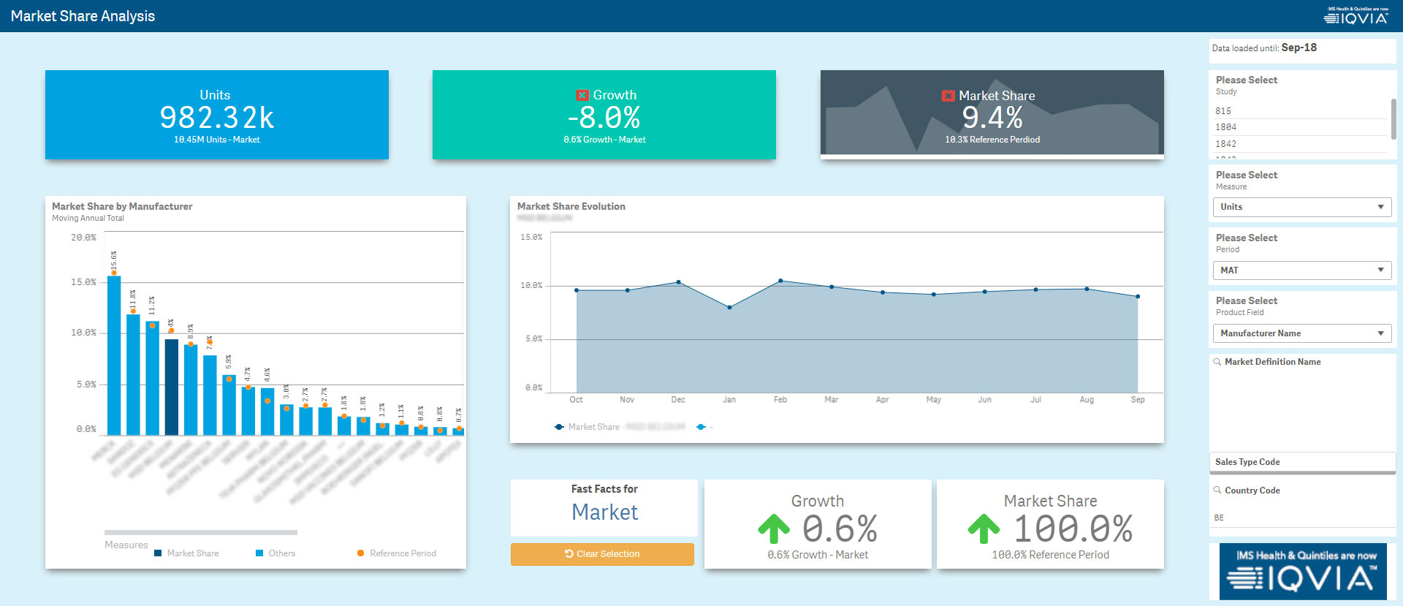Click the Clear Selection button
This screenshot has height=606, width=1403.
click(602, 554)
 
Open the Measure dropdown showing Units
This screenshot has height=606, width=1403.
click(1301, 207)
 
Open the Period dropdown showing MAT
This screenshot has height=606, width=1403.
click(1301, 270)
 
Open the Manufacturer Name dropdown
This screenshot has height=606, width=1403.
click(1301, 333)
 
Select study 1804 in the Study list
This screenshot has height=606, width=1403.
click(1226, 127)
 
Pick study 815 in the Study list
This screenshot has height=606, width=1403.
click(1223, 111)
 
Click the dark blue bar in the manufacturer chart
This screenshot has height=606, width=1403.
click(171, 387)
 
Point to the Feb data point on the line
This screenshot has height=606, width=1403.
click(780, 281)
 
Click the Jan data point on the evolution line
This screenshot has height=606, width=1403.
click(729, 308)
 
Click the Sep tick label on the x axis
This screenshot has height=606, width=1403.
click(1138, 400)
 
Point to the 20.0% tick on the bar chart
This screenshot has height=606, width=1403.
click(83, 238)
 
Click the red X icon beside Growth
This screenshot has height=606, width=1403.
click(582, 95)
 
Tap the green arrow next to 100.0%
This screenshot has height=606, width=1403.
click(984, 529)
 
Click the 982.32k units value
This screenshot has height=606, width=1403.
click(216, 118)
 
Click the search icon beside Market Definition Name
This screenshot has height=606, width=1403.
click(1217, 362)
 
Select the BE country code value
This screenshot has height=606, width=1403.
click(1219, 518)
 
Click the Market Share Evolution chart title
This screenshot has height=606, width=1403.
click(571, 207)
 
